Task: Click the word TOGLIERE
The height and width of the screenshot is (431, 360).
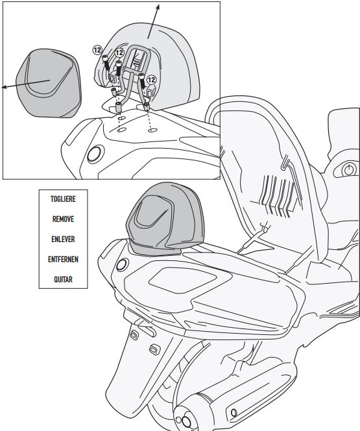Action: (x=63, y=199)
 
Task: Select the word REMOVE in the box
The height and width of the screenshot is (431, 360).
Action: (x=63, y=219)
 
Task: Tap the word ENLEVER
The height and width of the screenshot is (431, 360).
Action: (x=63, y=239)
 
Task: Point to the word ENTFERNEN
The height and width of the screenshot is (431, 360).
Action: (x=63, y=259)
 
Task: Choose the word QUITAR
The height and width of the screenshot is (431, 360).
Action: (x=63, y=279)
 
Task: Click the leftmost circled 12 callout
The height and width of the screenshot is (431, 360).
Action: (x=97, y=50)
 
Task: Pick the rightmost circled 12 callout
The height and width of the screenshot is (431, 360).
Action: (x=151, y=80)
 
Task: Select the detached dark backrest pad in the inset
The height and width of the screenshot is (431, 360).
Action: (x=49, y=83)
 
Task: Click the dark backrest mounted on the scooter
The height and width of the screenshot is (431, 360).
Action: (x=165, y=219)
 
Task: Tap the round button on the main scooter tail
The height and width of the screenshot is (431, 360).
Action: (x=122, y=265)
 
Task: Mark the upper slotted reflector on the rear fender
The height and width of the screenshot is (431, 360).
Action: (x=134, y=335)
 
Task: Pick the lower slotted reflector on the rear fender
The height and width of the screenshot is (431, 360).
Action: (x=155, y=350)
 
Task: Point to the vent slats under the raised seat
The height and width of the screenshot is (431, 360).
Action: (x=278, y=196)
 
